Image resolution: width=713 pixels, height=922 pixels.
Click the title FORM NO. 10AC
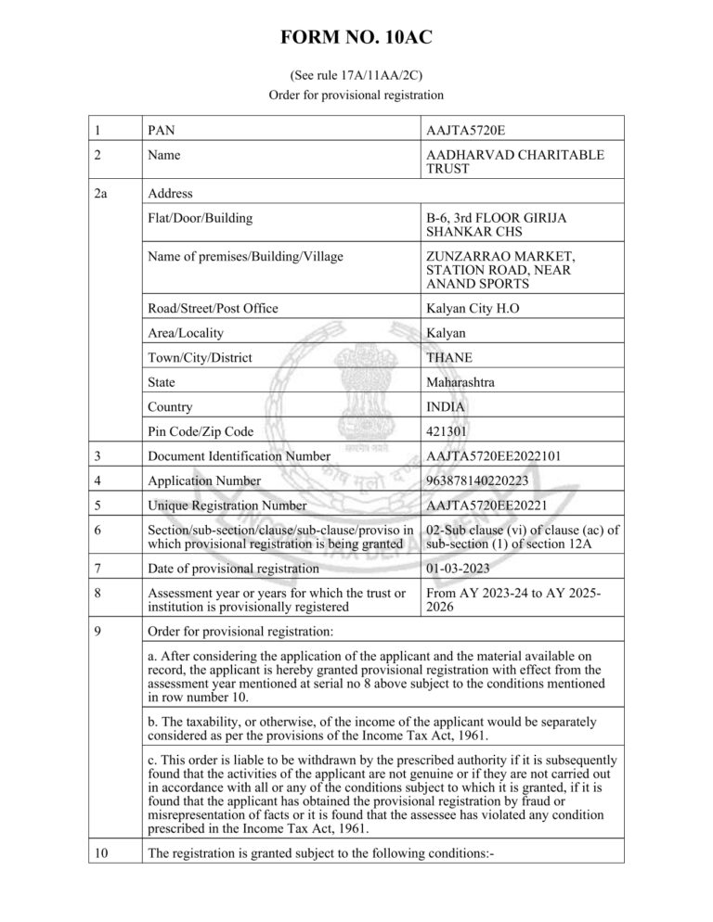click(356, 37)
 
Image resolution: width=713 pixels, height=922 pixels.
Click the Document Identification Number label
click(240, 456)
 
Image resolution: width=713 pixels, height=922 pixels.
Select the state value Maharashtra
click(460, 382)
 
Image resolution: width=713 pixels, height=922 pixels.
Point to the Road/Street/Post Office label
click(213, 308)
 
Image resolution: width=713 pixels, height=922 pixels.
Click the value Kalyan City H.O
click(474, 308)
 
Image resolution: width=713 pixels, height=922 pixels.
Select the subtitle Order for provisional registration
click(356, 94)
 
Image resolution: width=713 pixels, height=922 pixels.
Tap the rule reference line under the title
click(356, 74)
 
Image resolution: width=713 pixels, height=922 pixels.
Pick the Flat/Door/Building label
click(200, 218)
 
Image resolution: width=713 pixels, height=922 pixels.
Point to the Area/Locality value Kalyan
click(447, 333)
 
